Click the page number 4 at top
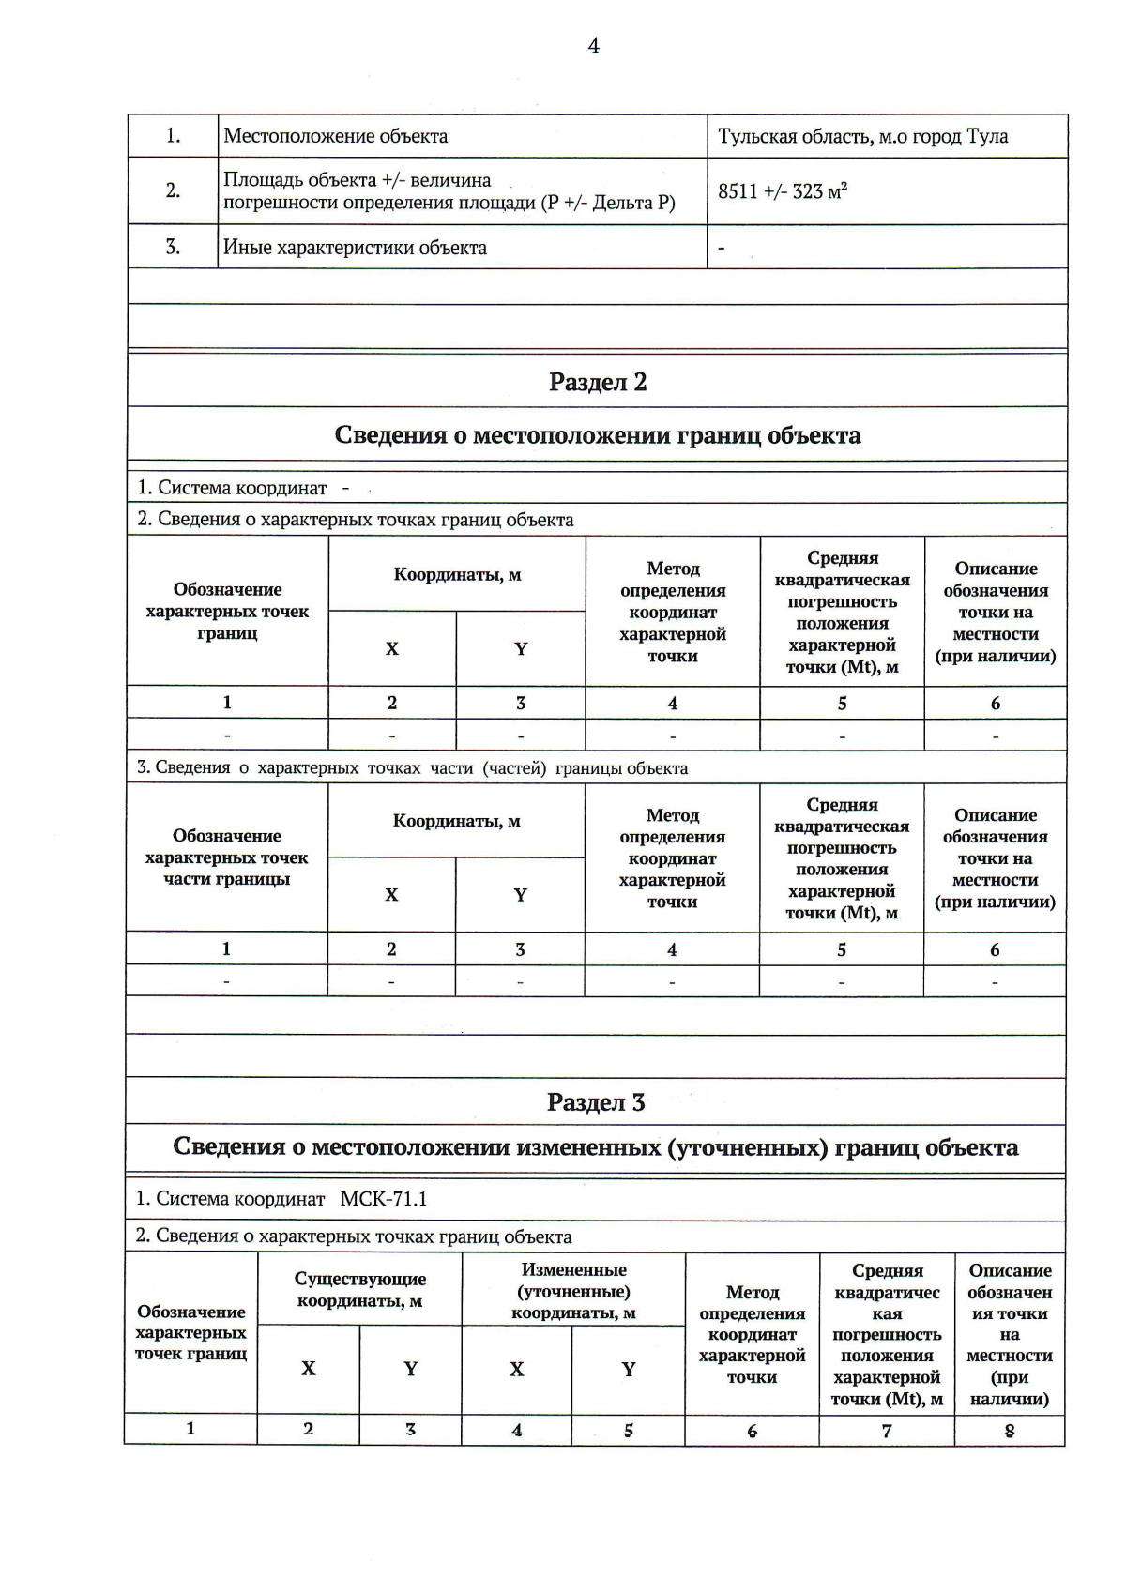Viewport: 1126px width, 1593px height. coord(593,46)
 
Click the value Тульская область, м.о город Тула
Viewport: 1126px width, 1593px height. coord(862,137)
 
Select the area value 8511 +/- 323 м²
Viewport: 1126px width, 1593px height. coord(783,191)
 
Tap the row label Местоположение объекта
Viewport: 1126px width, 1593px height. coord(335,136)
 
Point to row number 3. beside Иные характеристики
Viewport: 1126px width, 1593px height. coord(173,248)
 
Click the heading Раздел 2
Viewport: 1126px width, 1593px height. coord(597,382)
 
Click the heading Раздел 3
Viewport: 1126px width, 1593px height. coord(596,1102)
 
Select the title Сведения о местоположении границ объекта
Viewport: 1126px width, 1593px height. coord(597,435)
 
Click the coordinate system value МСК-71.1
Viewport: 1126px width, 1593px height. coord(383,1199)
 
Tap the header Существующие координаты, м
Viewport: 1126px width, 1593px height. coord(359,1290)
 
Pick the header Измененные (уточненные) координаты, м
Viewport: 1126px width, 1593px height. coord(573,1291)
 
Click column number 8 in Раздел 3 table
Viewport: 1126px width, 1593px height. coord(1010,1431)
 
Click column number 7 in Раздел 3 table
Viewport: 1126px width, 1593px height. coord(887,1431)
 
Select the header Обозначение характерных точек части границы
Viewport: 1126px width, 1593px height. coord(226,857)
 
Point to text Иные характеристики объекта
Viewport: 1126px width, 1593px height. coord(355,248)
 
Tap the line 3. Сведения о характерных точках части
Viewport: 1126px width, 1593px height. coord(412,768)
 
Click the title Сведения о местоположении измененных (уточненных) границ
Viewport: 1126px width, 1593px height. coord(595,1147)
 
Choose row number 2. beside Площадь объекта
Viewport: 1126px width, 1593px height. coord(173,190)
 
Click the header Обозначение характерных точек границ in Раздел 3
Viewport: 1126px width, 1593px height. coord(190,1332)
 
